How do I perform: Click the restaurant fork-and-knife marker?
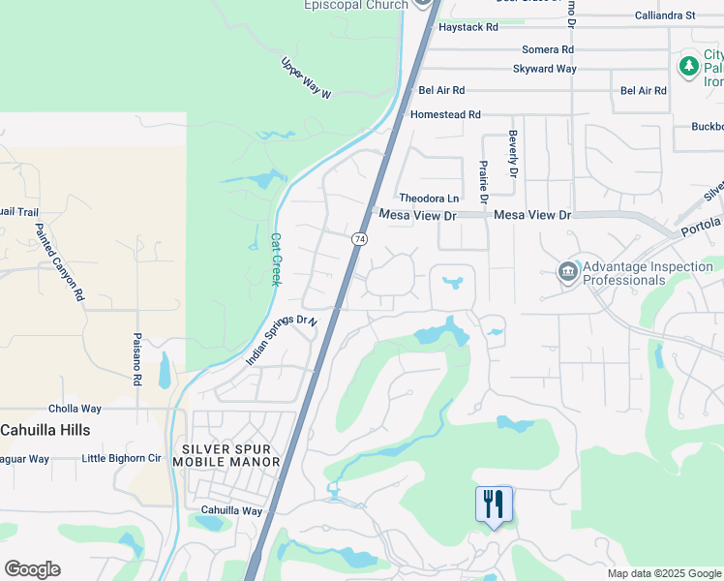(494, 503)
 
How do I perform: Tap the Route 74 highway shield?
(359, 238)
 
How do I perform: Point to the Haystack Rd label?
(468, 27)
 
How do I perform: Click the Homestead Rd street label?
(445, 114)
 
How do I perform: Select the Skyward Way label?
(545, 69)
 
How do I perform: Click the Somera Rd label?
(547, 49)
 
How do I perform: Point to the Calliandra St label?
(665, 15)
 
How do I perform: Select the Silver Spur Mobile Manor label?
(231, 455)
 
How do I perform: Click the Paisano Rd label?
(137, 359)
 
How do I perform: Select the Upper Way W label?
(306, 78)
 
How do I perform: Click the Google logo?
(32, 569)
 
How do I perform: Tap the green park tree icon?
(688, 67)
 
